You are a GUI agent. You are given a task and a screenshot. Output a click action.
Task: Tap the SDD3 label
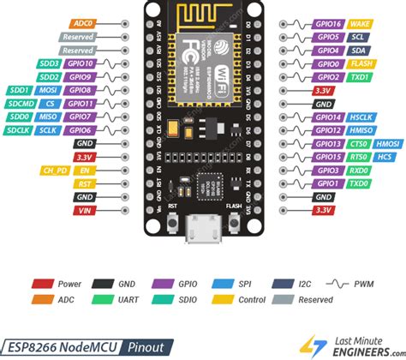point(48,63)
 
